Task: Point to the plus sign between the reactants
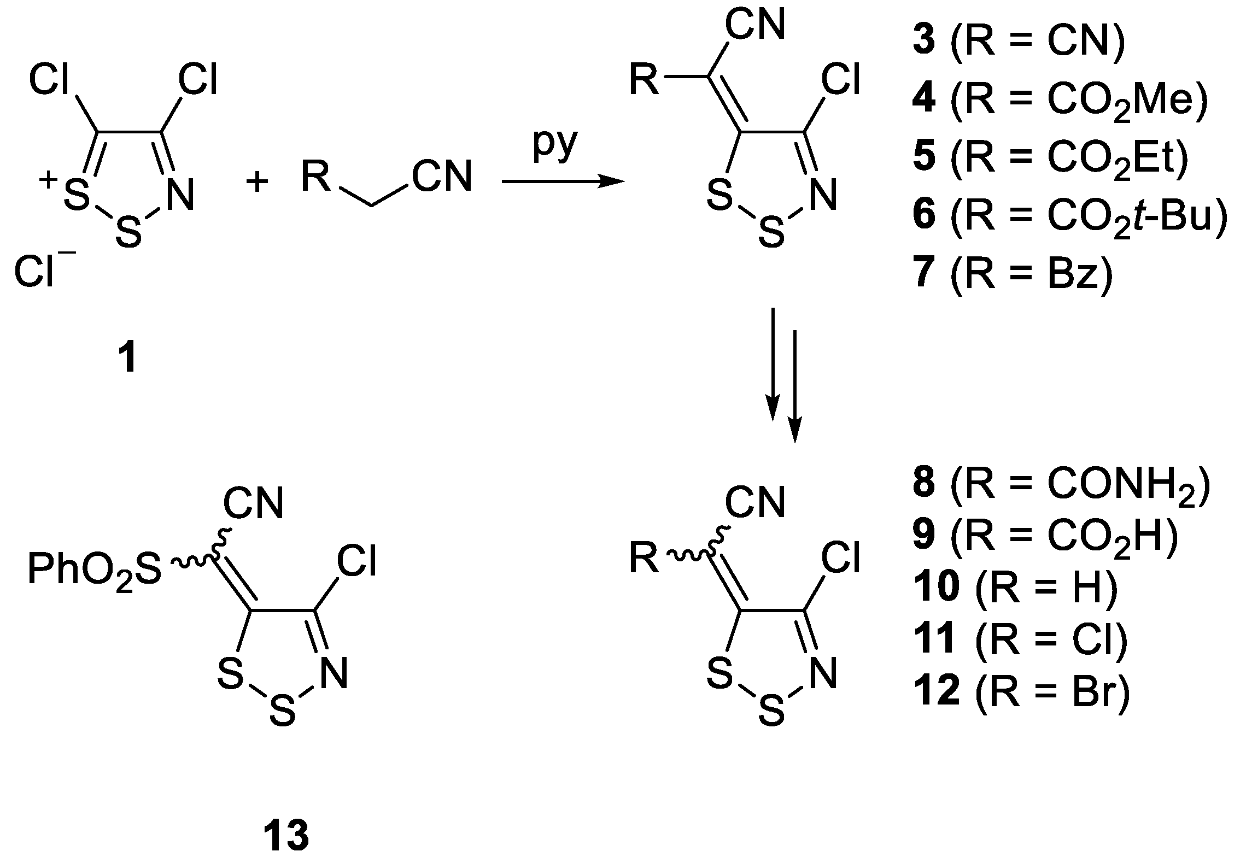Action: [257, 182]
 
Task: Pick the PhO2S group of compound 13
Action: [95, 570]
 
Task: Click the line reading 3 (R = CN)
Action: [1017, 42]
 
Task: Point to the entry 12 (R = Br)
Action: [1020, 691]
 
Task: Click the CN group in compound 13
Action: [253, 503]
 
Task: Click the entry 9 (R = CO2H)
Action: [1044, 536]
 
